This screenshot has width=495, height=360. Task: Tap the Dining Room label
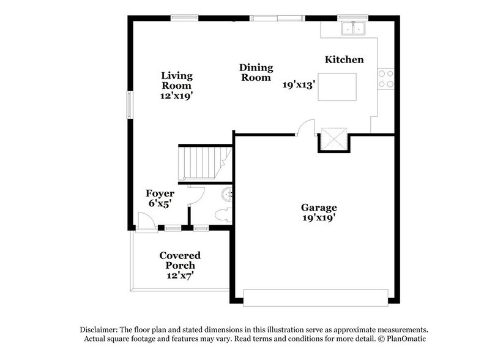pos(255,72)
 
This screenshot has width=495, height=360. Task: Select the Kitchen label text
pos(344,59)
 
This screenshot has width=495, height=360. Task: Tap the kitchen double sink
pos(353,28)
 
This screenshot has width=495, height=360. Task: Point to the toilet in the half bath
pos(223,215)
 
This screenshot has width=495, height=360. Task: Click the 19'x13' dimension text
pos(299,85)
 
